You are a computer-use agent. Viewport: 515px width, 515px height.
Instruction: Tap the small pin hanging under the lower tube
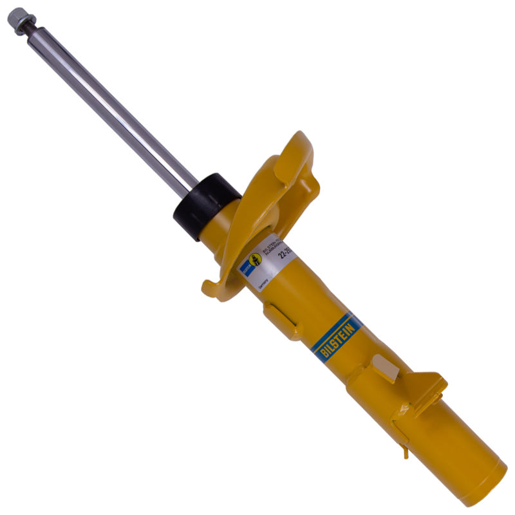tap(406, 453)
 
